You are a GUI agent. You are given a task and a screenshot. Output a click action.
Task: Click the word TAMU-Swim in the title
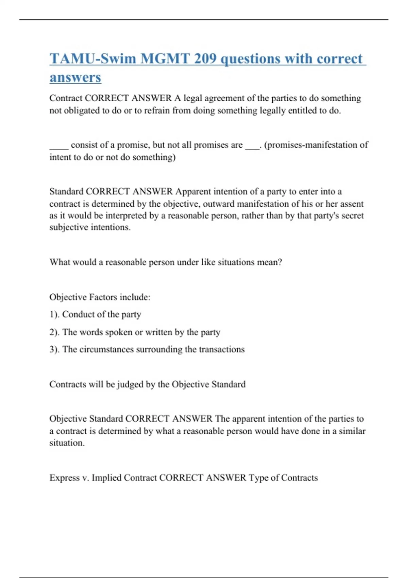click(92, 58)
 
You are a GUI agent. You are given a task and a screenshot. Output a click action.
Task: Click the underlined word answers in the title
click(75, 77)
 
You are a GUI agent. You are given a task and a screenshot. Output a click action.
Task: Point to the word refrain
click(152, 111)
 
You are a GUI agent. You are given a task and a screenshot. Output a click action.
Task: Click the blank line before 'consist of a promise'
click(59, 146)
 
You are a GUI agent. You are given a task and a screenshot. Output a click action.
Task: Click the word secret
click(352, 216)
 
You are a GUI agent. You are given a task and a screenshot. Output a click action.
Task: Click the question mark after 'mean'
click(280, 262)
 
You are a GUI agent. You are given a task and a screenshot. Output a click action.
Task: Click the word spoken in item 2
click(119, 332)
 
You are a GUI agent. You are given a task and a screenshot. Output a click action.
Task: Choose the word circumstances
click(106, 350)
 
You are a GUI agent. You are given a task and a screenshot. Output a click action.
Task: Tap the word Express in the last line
click(64, 478)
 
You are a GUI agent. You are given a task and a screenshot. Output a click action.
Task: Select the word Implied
click(106, 478)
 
